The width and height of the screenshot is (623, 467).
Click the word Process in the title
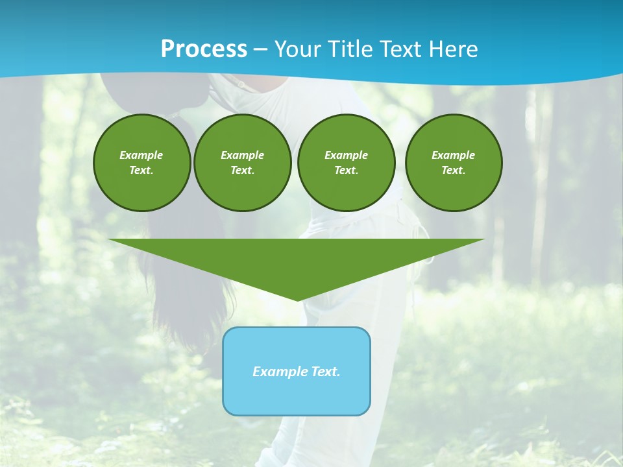(x=204, y=49)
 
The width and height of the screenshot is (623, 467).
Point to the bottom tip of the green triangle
(x=297, y=299)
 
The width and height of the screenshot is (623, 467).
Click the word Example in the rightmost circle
(x=453, y=155)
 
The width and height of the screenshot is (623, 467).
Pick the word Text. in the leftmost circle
(x=141, y=171)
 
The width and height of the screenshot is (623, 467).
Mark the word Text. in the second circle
(x=242, y=171)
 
